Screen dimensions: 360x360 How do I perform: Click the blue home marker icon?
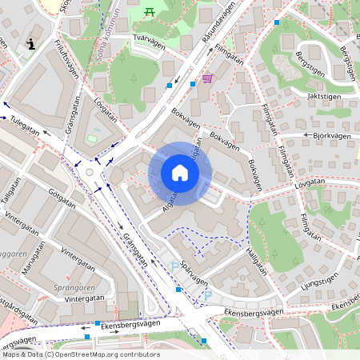180,173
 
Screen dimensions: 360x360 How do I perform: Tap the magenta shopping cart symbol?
208,78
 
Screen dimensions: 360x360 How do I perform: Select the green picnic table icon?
150,11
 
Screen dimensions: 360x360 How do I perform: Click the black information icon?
30,44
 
